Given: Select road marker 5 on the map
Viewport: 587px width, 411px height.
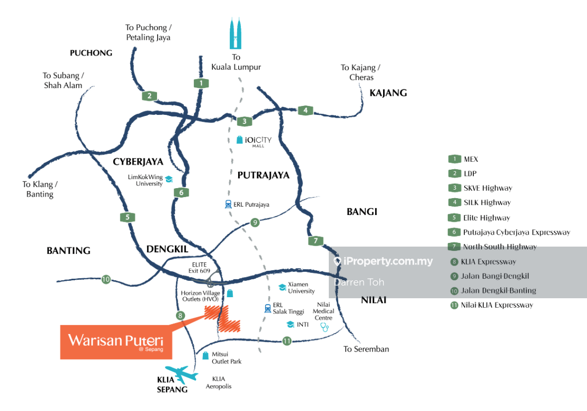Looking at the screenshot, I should pos(126,217).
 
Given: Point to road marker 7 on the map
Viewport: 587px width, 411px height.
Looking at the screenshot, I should pos(316,241).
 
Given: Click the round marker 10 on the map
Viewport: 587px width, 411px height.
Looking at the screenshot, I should pos(106,279).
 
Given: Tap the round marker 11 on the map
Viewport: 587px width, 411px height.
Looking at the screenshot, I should pos(287,341).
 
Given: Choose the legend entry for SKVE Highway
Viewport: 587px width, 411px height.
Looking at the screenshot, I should pos(480,188).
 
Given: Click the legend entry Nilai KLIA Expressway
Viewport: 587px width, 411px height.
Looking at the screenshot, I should pos(491,305).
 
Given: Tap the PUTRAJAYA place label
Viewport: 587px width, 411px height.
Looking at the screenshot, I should pos(263,175).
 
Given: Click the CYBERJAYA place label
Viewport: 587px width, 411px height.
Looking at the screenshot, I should pos(138,162).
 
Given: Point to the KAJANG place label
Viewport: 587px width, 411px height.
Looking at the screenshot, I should pos(388,93).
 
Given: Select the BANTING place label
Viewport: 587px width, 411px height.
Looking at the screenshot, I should pos(69,251).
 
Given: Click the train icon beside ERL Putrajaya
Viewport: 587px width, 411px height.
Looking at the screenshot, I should pos(228,204).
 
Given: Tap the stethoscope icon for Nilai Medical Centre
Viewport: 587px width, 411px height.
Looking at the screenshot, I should pos(325,327).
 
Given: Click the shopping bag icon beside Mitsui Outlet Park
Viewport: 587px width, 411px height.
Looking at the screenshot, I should pos(206,356).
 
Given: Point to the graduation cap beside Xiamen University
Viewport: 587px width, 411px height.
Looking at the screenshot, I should pos(282,287).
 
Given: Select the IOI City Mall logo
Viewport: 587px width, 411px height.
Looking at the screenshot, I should pos(254,141).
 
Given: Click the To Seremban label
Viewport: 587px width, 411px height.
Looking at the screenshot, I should pos(366,349).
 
